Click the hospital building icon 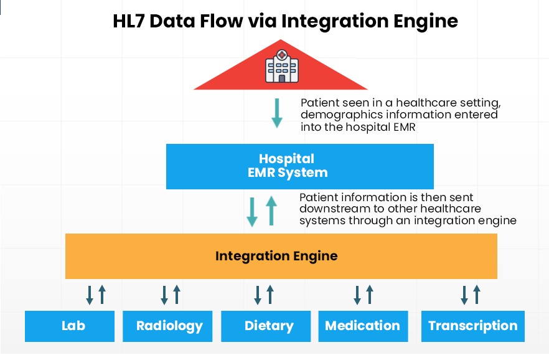pos(282,67)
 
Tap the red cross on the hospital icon pos(282,55)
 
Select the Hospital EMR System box pos(300,166)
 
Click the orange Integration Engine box pos(281,256)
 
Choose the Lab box pos(70,326)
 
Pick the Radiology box pos(167,326)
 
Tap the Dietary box pos(266,326)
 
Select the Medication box pos(363,326)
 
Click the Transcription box pos(472,326)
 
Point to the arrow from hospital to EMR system pos(277,113)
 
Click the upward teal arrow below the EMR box pos(271,211)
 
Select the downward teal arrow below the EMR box pos(252,212)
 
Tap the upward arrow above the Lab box pos(102,294)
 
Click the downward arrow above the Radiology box pos(164,295)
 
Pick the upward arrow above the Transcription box pos(477,294)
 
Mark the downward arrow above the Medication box pos(357,295)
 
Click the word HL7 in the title pos(128,21)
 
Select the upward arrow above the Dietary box pos(270,294)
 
